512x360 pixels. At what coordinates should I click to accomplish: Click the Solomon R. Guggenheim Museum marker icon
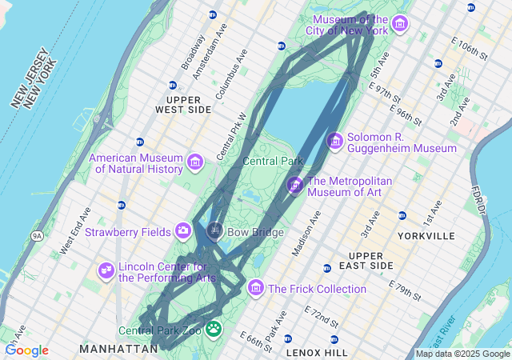(334, 141)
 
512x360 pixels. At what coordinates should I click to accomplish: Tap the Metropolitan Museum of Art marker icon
(295, 185)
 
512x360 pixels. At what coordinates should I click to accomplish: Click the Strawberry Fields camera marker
(183, 231)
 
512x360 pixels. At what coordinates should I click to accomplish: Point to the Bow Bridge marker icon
(214, 232)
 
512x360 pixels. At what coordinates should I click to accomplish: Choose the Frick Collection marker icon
(255, 287)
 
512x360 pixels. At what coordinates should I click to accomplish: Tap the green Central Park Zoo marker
(214, 328)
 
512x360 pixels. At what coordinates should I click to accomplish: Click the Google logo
(26, 350)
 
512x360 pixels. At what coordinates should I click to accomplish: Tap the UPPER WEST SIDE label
(183, 104)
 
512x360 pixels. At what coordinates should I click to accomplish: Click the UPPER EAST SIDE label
(371, 260)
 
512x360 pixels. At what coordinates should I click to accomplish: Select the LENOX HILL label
(317, 352)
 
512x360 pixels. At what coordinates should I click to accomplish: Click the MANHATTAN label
(118, 350)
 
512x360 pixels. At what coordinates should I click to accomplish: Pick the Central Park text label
(273, 161)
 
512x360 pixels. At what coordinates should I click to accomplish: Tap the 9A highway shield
(37, 236)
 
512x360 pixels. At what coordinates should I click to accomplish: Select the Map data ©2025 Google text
(462, 354)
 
